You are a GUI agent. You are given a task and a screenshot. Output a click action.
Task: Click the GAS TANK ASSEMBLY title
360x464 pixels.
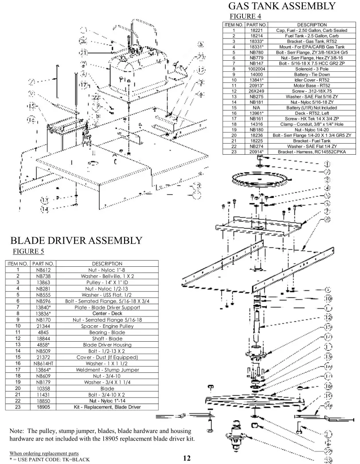click(281, 6)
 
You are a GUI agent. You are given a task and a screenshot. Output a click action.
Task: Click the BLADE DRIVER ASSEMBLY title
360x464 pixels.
click(76, 241)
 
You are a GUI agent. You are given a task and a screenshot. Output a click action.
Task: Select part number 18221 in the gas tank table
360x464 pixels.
click(256, 30)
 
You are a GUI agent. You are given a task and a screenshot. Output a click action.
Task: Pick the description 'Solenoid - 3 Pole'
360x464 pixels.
click(312, 69)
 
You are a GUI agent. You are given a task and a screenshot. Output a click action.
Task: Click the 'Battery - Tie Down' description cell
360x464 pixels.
click(312, 75)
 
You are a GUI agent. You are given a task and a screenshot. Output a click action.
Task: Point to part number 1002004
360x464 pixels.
click(256, 69)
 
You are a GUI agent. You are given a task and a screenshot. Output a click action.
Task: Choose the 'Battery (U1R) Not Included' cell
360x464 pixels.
click(312, 108)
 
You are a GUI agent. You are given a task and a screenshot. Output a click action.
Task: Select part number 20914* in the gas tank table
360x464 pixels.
click(256, 152)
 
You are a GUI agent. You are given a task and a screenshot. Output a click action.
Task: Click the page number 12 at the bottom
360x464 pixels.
click(187, 458)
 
